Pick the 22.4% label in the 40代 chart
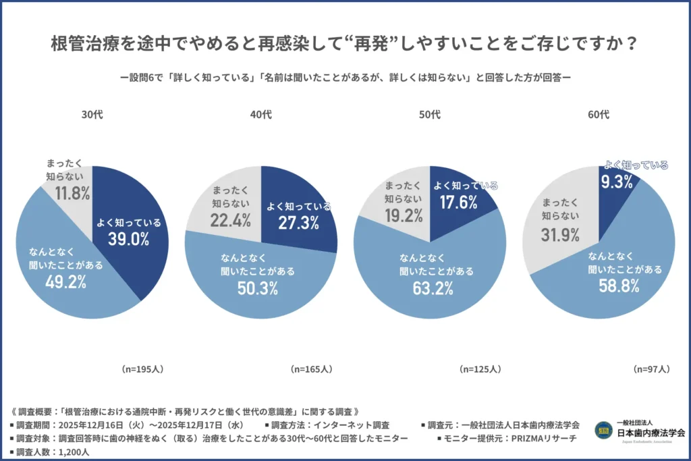pyautogui.click(x=231, y=219)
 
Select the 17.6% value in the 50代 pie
pyautogui.click(x=460, y=202)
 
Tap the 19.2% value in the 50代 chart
pyautogui.click(x=404, y=215)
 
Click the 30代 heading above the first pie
pyautogui.click(x=92, y=115)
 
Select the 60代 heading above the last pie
pyautogui.click(x=598, y=115)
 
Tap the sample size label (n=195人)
pyautogui.click(x=142, y=369)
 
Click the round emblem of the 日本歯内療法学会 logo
pyautogui.click(x=604, y=430)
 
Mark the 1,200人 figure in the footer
pyautogui.click(x=76, y=452)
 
